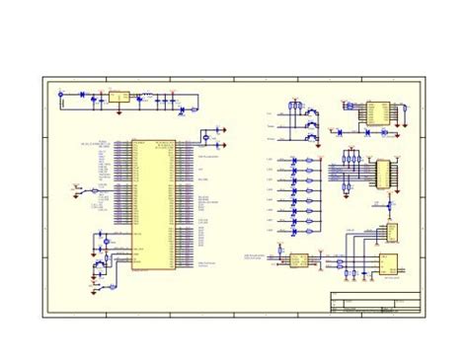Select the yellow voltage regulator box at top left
117,97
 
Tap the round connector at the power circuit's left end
61,96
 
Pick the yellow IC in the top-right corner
377,111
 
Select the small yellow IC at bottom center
295,259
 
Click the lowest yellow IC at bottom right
389,264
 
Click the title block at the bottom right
375,303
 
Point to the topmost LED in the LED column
295,161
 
